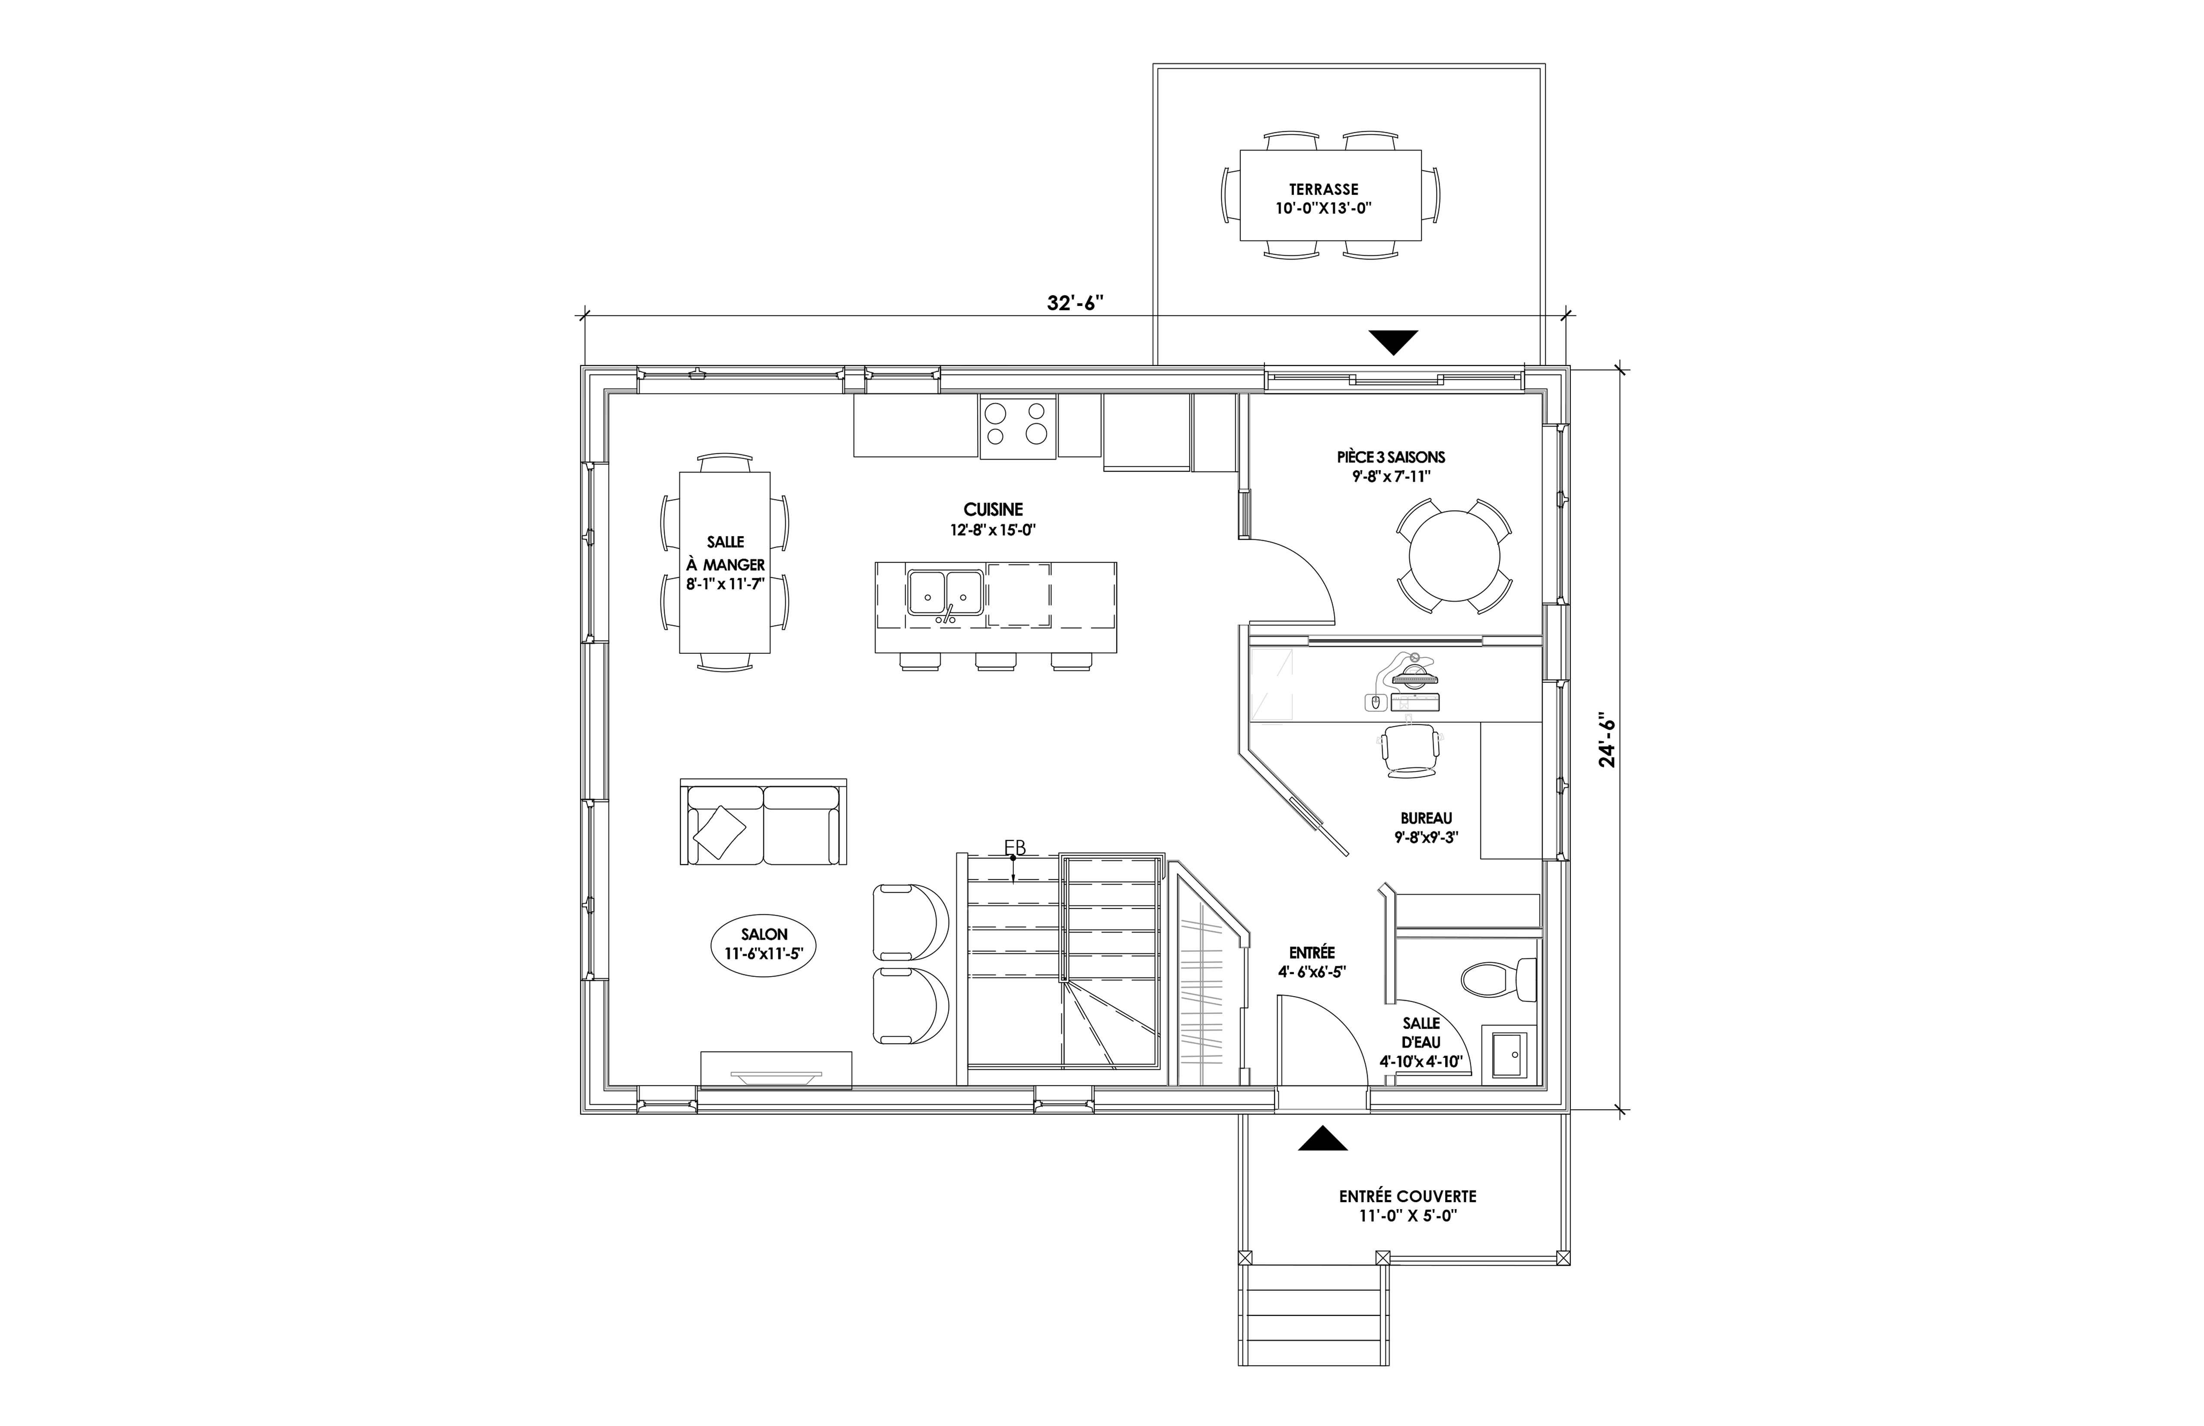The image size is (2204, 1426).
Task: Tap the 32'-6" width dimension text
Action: [1076, 303]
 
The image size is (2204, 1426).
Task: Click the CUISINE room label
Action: [993, 509]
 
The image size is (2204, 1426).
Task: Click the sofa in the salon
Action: [763, 822]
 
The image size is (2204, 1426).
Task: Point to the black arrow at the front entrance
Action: [1322, 1138]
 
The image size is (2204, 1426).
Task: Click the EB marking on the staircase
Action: [1015, 847]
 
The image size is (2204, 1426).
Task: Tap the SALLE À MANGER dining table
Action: [725, 563]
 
